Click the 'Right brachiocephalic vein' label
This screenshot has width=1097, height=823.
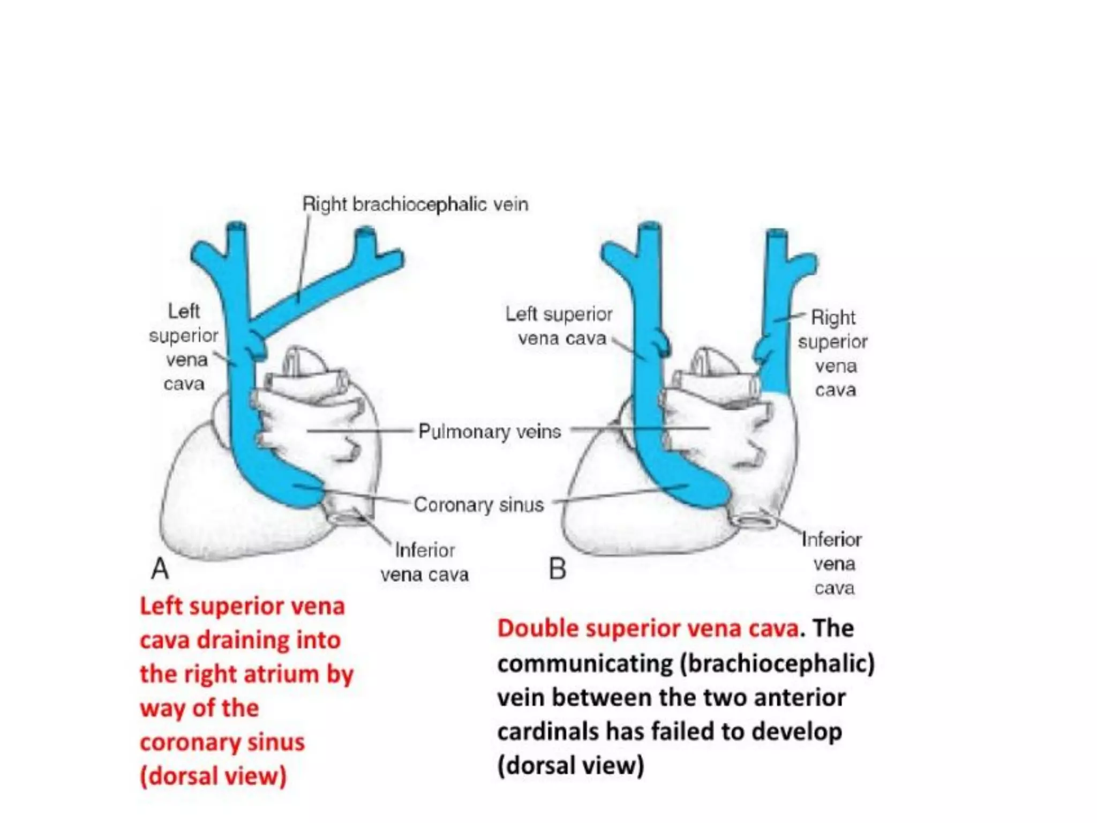click(415, 204)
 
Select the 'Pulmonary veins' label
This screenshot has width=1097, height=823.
click(490, 431)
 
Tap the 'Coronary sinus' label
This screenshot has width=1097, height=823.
click(478, 505)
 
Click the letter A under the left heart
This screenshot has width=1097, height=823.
click(160, 568)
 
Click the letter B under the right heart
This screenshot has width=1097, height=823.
click(558, 569)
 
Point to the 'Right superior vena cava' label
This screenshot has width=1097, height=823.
click(833, 354)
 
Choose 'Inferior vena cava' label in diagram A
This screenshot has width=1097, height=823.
click(425, 563)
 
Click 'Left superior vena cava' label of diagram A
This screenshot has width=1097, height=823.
click(184, 347)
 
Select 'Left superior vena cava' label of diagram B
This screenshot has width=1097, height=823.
click(559, 326)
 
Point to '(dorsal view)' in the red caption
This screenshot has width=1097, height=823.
click(213, 776)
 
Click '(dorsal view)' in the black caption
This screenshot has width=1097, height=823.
click(570, 765)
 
